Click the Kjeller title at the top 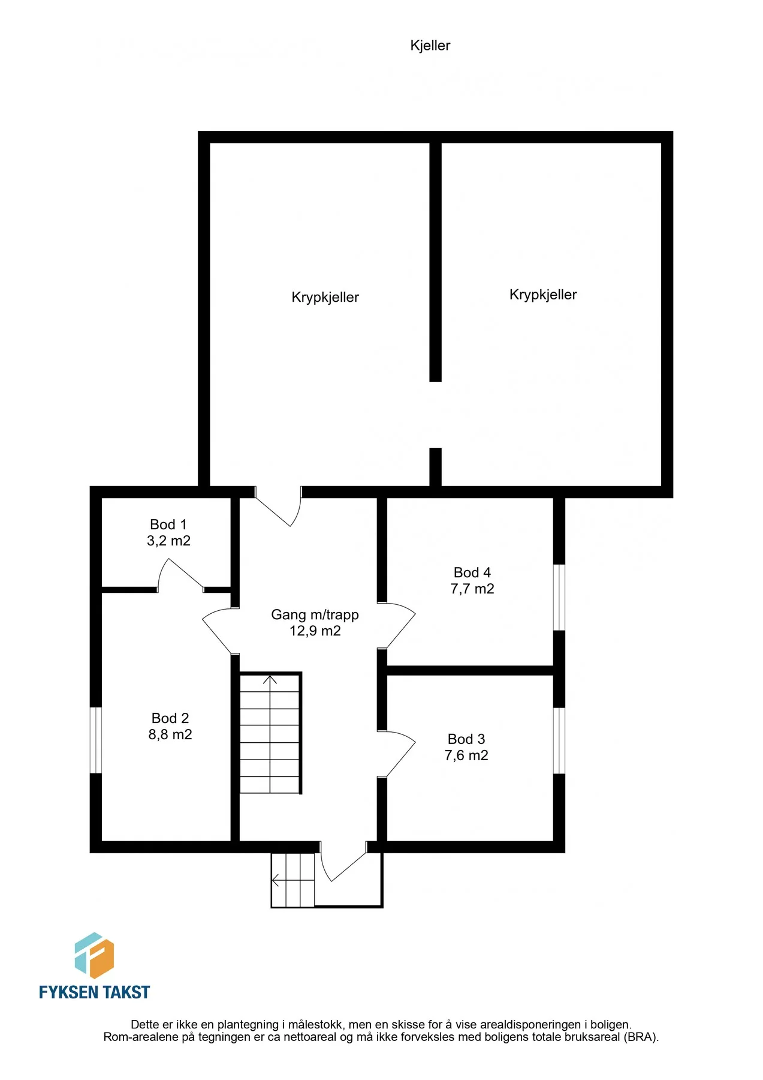[430, 46]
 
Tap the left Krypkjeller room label [325, 298]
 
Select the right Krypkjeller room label [543, 295]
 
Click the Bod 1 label [168, 524]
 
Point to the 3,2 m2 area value [168, 541]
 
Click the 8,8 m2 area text [170, 734]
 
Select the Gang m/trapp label [315, 615]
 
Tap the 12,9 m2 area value [315, 631]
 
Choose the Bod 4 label [472, 572]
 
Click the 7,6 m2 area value [466, 755]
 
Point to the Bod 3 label [466, 739]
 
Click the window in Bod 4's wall [559, 597]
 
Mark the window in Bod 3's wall [559, 741]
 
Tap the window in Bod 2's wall [96, 740]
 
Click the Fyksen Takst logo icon [94, 955]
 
